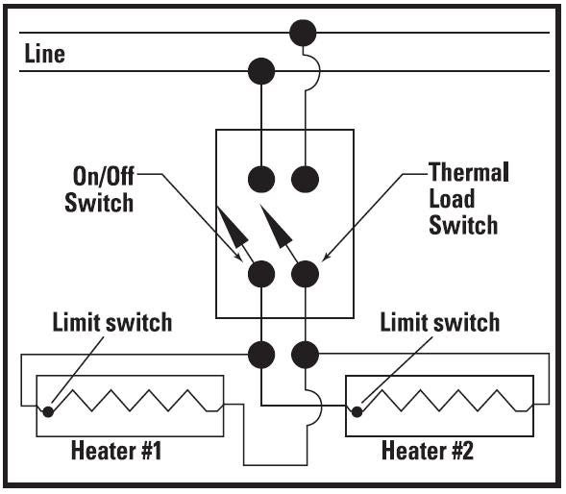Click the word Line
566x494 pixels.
pos(45,54)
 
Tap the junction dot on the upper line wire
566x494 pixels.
pos(303,33)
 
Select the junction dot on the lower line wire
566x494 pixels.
pos(261,71)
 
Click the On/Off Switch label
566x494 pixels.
pos(99,189)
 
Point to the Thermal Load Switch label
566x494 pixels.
pos(469,199)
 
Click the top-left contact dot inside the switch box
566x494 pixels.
pos(261,179)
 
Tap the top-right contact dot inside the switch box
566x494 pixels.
pos(305,179)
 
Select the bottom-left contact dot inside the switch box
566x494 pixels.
pos(261,274)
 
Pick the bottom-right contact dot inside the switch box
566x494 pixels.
pos(305,274)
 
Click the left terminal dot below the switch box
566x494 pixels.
pos(261,355)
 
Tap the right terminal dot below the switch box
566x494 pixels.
pos(305,355)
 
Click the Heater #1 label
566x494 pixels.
pos(116,451)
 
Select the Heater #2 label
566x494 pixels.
pos(428,451)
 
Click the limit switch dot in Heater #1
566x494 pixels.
pos(48,411)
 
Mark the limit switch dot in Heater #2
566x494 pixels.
pos(357,411)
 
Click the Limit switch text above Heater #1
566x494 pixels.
pos(112,322)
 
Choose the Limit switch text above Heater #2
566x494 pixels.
pos(440,322)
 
